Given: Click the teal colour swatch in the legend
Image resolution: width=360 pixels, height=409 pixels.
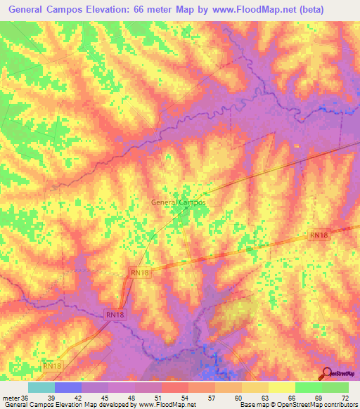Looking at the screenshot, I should tap(41, 387).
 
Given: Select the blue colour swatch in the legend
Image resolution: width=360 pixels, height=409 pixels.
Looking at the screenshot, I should tap(68, 387).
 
